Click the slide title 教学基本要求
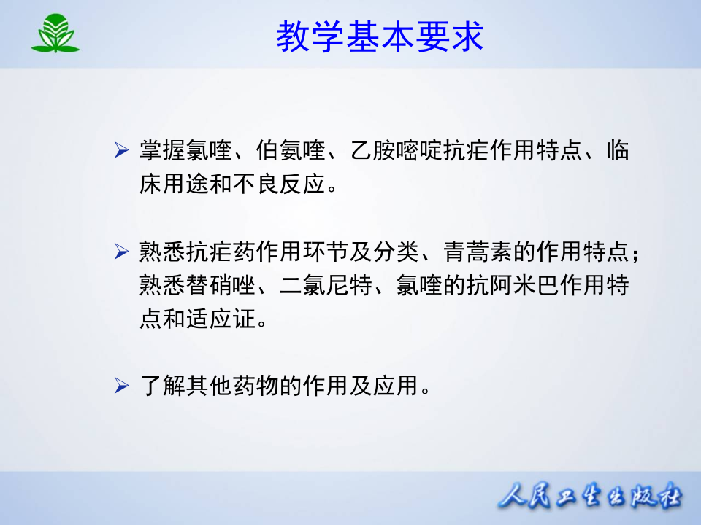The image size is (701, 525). (x=380, y=36)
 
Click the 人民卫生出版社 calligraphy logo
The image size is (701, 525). (x=590, y=497)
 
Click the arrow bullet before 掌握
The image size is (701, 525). (x=122, y=152)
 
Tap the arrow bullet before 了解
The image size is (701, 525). (x=122, y=384)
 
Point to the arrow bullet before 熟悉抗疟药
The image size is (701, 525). (x=122, y=253)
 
